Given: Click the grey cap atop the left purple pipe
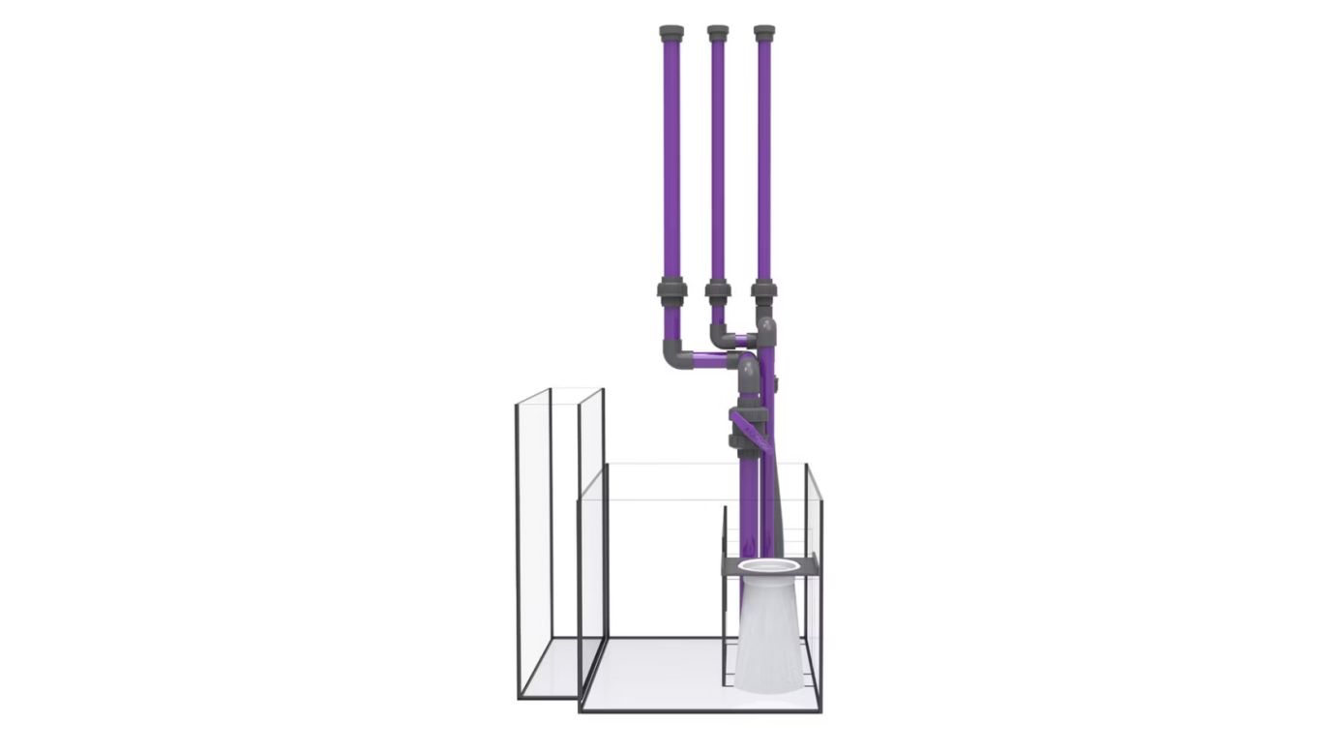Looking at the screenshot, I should click(671, 33).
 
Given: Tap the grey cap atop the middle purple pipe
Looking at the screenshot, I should click(718, 33).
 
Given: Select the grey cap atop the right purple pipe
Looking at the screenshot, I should click(764, 33).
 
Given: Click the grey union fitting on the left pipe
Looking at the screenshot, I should click(671, 289).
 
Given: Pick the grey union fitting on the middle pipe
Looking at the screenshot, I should click(718, 289).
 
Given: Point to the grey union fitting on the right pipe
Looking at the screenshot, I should click(764, 289).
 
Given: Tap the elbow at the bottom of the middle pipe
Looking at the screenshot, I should click(720, 336).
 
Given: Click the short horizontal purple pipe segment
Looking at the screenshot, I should click(741, 340).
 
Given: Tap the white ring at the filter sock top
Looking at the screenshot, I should click(769, 566).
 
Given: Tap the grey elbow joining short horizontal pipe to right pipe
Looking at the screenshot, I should click(764, 333).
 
